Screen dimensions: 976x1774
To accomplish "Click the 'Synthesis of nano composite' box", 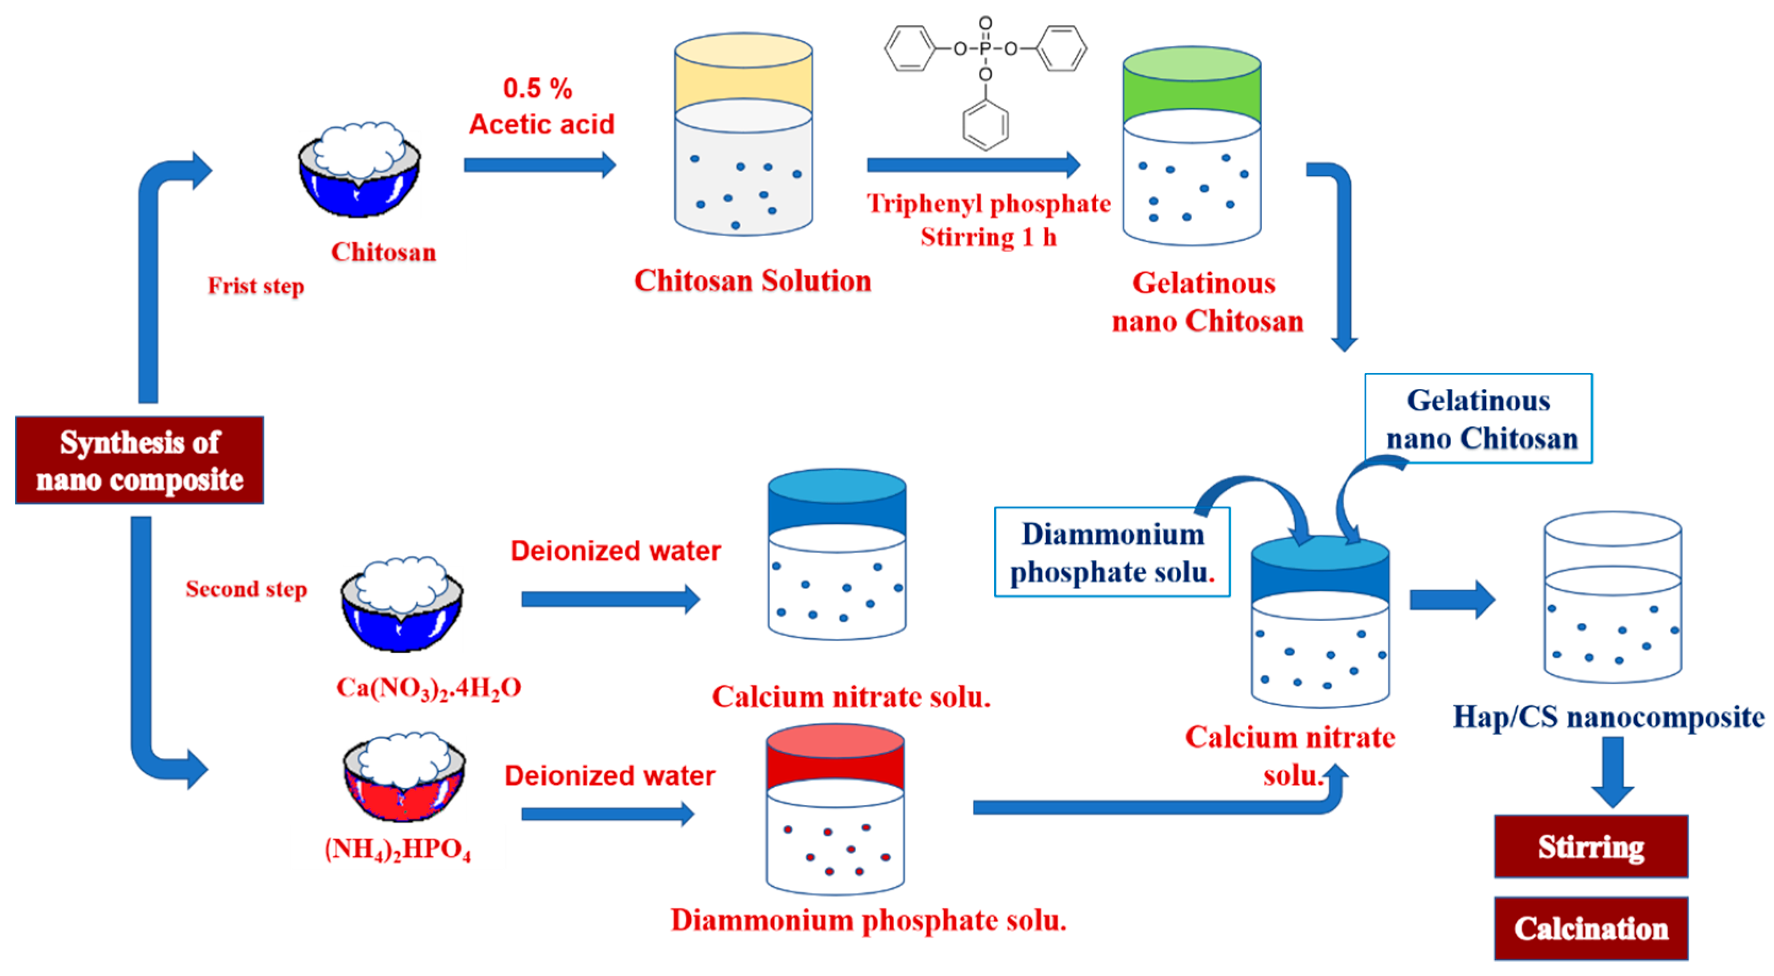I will (139, 460).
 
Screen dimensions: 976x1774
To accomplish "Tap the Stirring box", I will (1591, 846).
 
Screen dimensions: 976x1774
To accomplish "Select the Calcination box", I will (1591, 929).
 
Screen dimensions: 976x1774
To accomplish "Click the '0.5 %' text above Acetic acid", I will (538, 88).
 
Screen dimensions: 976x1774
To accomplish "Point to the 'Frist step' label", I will (256, 286).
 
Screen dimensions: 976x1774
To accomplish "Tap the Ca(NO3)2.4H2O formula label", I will (428, 688).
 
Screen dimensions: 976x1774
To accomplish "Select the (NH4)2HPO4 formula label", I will (398, 848).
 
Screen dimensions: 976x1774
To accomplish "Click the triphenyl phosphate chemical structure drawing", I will (986, 79).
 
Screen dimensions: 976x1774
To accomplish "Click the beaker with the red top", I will (835, 809).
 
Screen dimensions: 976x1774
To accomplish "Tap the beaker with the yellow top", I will (743, 134).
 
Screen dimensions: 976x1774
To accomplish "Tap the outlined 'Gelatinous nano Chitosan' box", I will (1479, 419).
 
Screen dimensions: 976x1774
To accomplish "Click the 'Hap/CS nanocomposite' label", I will (1608, 717).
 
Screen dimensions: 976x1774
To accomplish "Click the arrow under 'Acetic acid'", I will (539, 165).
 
